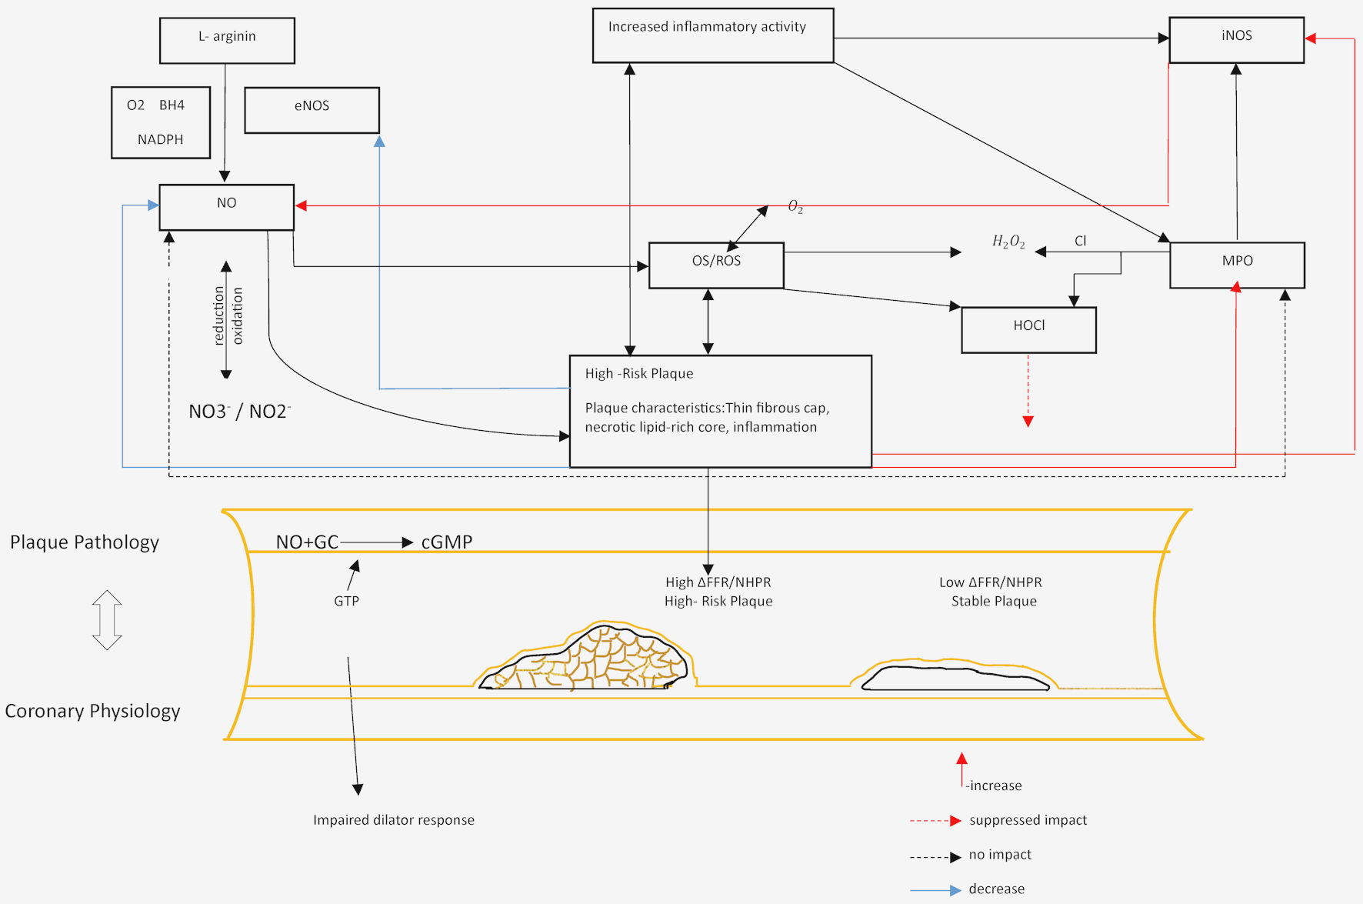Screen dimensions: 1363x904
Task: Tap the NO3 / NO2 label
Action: (239, 411)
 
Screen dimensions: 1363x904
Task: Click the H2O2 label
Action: (1008, 242)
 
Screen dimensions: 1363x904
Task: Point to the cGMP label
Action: (447, 542)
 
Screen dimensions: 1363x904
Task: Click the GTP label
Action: (346, 601)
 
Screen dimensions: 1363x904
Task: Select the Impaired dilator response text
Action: (394, 820)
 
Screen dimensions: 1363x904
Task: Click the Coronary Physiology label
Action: (92, 711)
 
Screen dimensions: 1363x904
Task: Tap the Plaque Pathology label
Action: (85, 542)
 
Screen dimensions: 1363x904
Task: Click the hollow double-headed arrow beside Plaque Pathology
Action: (107, 620)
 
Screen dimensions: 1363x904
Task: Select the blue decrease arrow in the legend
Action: (935, 890)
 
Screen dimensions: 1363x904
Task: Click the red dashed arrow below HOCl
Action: (1028, 391)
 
